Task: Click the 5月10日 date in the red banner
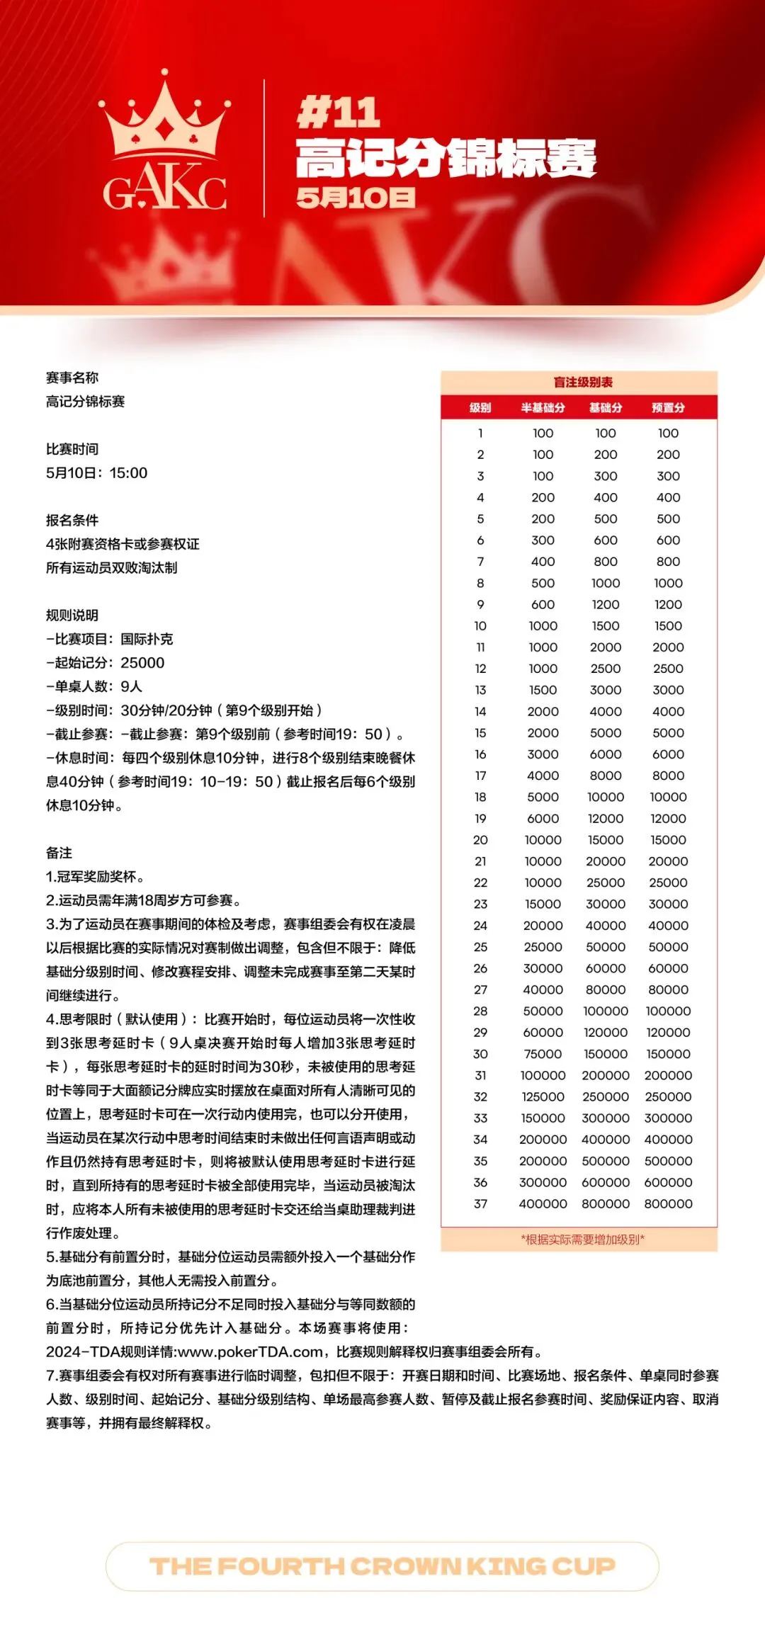[x=356, y=198]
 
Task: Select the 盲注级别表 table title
[x=583, y=382]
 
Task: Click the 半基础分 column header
[x=543, y=408]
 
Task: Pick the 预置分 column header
[x=668, y=408]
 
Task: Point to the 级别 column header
[x=480, y=408]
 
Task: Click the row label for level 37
[x=480, y=1203]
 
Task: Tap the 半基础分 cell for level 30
[x=543, y=1054]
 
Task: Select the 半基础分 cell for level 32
[x=543, y=1096]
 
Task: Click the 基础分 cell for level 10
[x=606, y=626]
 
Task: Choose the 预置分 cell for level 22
[x=668, y=883]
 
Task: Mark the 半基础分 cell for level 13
[x=543, y=690]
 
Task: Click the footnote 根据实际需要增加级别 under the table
[x=583, y=1240]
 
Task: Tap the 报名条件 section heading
[x=72, y=521]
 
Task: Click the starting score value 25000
[x=142, y=663]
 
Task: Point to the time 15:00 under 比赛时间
[x=128, y=473]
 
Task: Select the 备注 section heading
[x=59, y=853]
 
